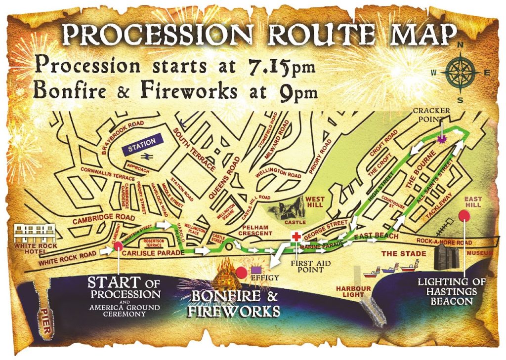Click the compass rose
point(460,72)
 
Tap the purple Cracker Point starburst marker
point(442,140)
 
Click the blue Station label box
point(142,141)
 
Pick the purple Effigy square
point(256,270)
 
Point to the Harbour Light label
point(350,291)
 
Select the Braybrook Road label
point(121,138)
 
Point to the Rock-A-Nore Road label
point(443,242)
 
